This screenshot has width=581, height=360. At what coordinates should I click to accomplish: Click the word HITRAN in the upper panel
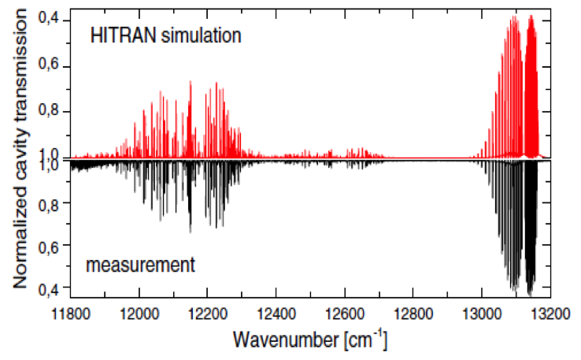(117, 35)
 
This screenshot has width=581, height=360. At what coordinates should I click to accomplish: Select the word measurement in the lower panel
(141, 265)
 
